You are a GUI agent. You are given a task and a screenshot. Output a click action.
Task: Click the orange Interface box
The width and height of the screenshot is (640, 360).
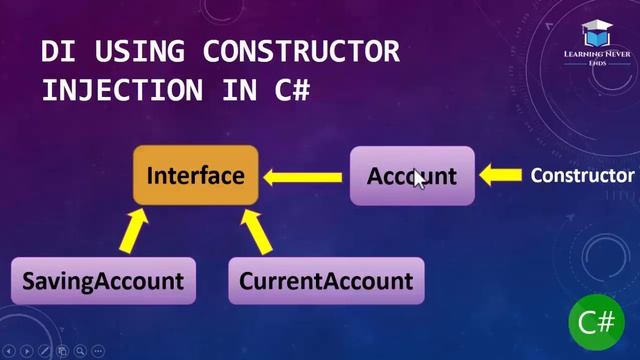click(196, 176)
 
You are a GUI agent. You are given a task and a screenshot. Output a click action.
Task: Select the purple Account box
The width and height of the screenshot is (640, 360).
click(412, 176)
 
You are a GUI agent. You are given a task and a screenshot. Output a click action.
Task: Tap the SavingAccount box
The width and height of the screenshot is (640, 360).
click(103, 281)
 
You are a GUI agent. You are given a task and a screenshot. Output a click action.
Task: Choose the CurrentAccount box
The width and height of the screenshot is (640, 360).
click(326, 281)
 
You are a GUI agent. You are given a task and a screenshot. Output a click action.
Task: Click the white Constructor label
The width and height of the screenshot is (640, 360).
click(582, 176)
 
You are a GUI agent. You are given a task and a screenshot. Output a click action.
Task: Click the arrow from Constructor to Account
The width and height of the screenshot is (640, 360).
click(501, 177)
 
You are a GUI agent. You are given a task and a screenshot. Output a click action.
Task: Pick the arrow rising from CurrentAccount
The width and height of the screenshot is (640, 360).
click(259, 234)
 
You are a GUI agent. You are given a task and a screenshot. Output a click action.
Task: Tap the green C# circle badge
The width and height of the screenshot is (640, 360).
click(596, 322)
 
